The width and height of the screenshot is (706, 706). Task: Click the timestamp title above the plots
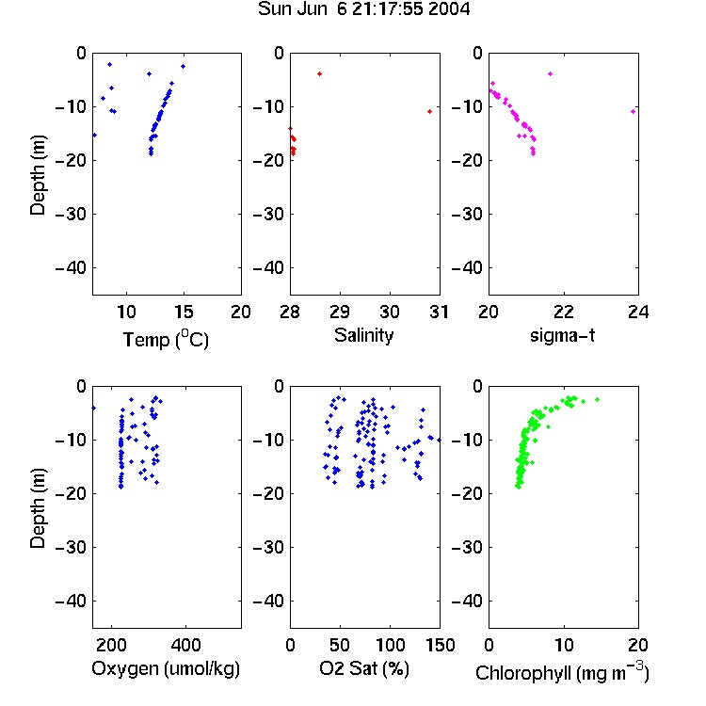pyautogui.click(x=363, y=9)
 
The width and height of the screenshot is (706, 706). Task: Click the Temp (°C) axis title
pyautogui.click(x=166, y=339)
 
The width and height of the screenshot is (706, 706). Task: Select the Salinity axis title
pyautogui.click(x=363, y=335)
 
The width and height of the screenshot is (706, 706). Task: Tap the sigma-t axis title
pyautogui.click(x=562, y=335)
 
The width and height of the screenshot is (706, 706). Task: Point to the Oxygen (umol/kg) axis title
pyautogui.click(x=166, y=668)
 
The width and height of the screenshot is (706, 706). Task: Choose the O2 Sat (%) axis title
pyautogui.click(x=364, y=668)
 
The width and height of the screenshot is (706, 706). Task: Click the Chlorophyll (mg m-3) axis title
pyautogui.click(x=562, y=672)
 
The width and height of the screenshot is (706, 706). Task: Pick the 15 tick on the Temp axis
pyautogui.click(x=184, y=312)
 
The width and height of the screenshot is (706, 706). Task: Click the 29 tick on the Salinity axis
pyautogui.click(x=340, y=312)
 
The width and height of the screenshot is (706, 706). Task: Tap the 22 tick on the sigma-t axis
pyautogui.click(x=564, y=312)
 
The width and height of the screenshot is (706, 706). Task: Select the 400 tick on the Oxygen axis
pyautogui.click(x=185, y=645)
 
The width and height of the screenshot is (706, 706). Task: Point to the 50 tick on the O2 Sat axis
pyautogui.click(x=340, y=645)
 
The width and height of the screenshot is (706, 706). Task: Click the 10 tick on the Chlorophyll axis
pyautogui.click(x=564, y=645)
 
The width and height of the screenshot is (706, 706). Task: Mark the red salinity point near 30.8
pyautogui.click(x=430, y=112)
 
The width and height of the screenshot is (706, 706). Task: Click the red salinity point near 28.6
pyautogui.click(x=320, y=73)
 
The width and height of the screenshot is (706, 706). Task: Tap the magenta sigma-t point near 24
pyautogui.click(x=634, y=112)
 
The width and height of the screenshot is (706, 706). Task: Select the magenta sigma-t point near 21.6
pyautogui.click(x=551, y=73)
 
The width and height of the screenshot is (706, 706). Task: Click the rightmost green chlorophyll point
pyautogui.click(x=598, y=400)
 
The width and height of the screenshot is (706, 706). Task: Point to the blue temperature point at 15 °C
pyautogui.click(x=184, y=67)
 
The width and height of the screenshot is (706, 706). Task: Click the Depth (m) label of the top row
pyautogui.click(x=38, y=175)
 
